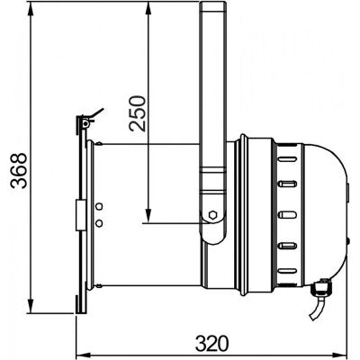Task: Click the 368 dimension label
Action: click(19, 170)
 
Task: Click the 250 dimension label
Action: click(138, 113)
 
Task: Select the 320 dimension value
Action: click(212, 344)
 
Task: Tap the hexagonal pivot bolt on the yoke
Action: click(212, 215)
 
